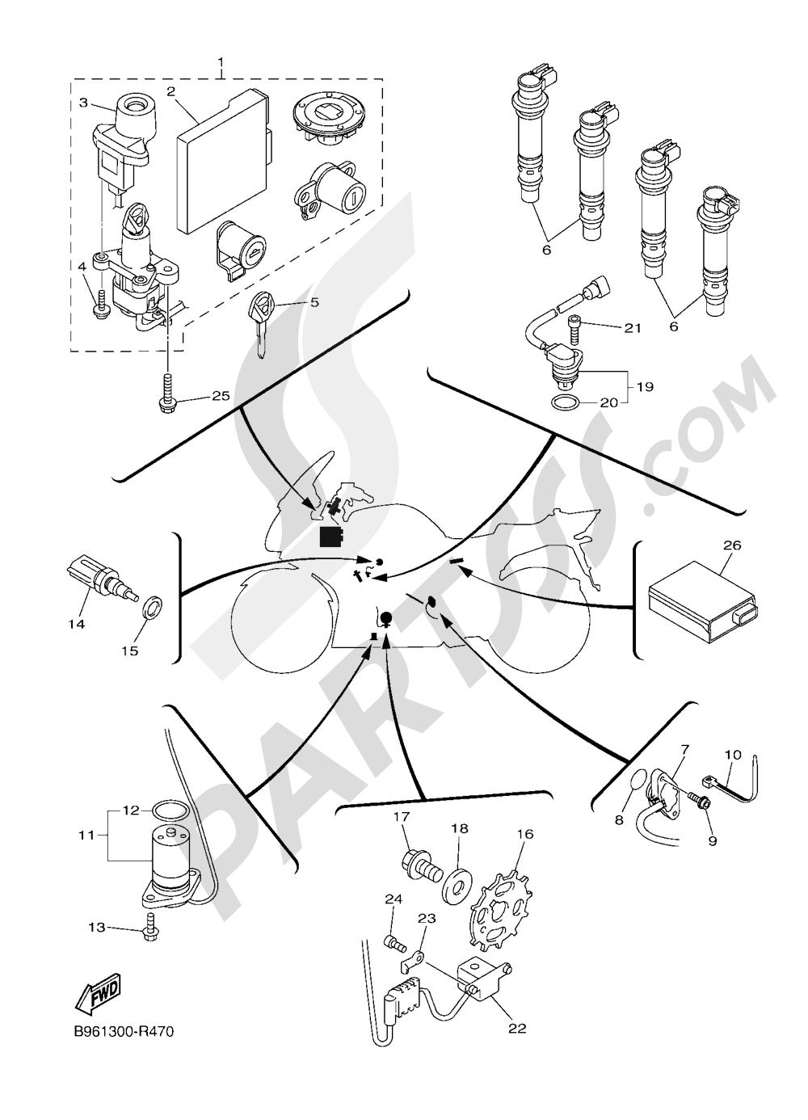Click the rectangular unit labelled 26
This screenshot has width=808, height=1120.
pos(702,604)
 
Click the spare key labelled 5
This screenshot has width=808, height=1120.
pos(263,323)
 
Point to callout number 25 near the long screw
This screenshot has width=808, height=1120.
pos(220,396)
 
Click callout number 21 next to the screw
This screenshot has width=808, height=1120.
pos(633,328)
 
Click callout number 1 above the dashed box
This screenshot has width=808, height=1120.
pos(221,64)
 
